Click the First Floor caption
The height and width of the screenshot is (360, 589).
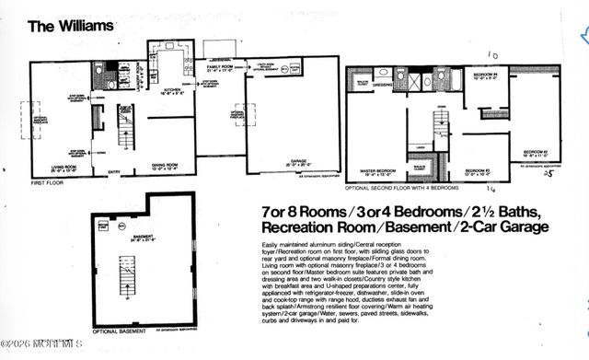48,183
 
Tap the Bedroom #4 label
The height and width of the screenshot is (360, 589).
485,75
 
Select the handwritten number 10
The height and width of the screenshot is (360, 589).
492,56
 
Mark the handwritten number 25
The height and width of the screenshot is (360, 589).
549,173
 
